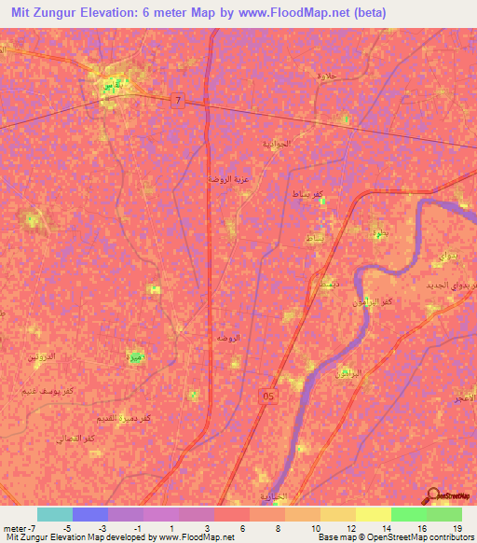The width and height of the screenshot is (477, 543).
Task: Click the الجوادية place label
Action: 276,144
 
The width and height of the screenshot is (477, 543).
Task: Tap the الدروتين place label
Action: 39,356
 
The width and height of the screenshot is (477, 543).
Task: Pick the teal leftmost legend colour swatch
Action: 55,514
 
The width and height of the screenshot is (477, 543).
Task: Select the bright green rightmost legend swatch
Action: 443,514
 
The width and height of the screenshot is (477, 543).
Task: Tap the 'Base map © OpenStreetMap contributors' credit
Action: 394,538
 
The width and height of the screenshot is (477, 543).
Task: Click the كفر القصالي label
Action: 77,438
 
